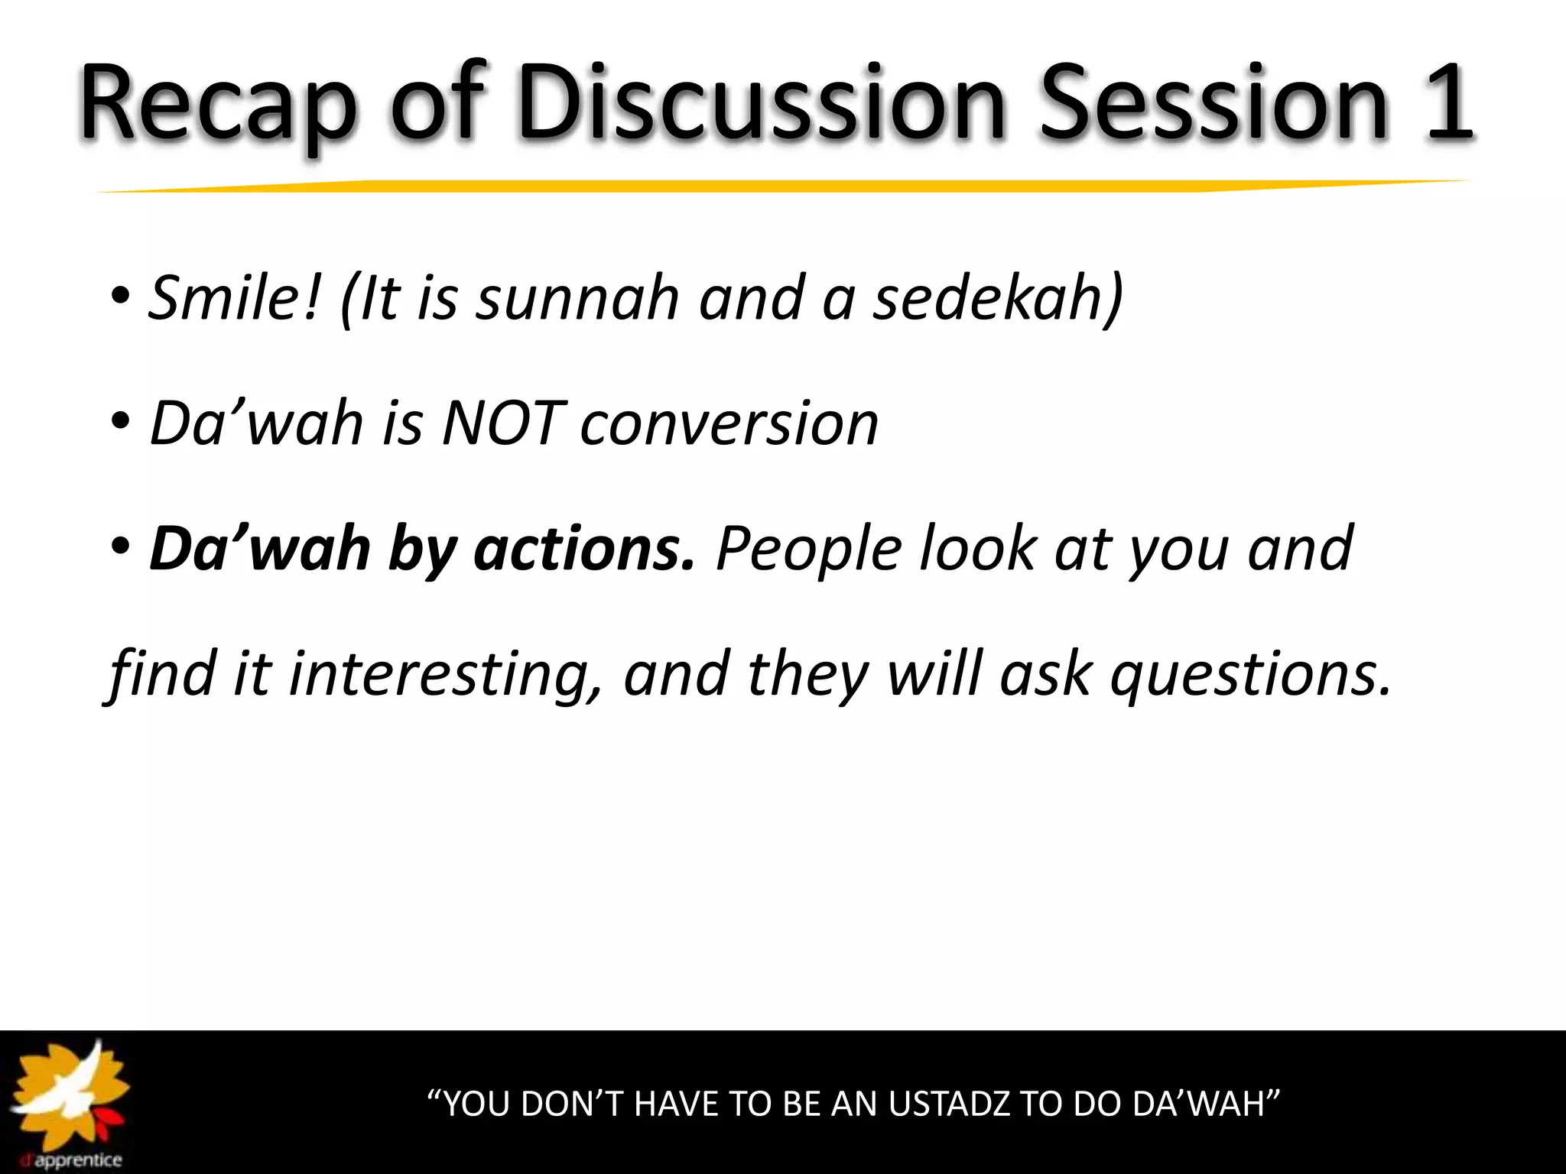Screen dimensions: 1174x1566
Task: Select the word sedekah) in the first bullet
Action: pyautogui.click(x=999, y=297)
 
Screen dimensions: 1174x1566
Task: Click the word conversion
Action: pyautogui.click(x=729, y=425)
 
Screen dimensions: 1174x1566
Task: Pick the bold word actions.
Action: pyautogui.click(x=584, y=550)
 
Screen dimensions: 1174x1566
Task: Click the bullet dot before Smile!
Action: pyautogui.click(x=121, y=298)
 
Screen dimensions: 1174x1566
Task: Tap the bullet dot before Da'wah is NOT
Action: pyautogui.click(x=121, y=423)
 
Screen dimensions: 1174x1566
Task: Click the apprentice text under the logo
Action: pyautogui.click(x=76, y=1160)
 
